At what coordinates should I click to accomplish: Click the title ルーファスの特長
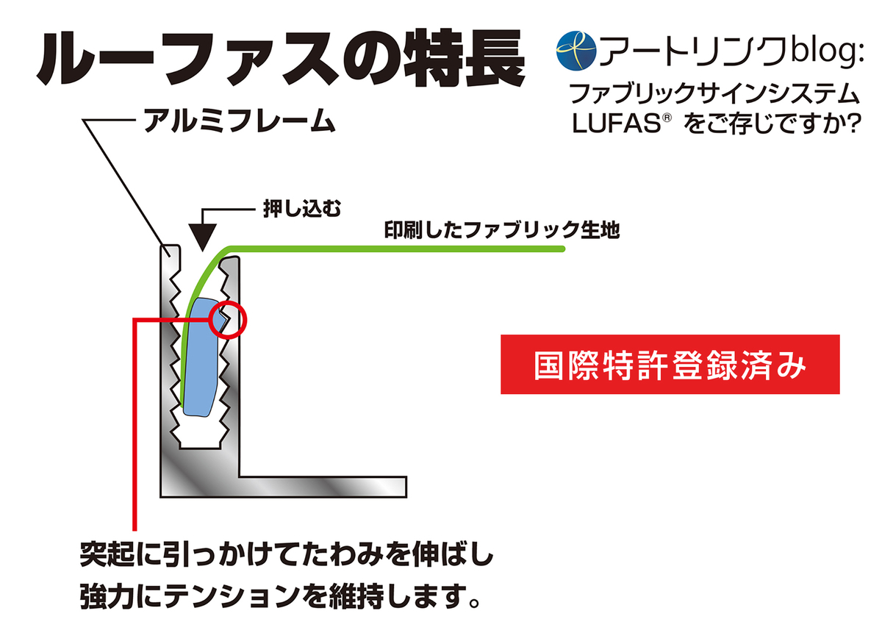pos(281,58)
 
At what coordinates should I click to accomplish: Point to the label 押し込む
pos(292,210)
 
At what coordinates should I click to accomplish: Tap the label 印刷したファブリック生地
pos(503,231)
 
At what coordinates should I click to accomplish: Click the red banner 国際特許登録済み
pos(670,365)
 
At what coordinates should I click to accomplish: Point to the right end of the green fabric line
pos(561,250)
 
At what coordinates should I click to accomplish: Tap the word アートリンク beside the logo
pos(695,51)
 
